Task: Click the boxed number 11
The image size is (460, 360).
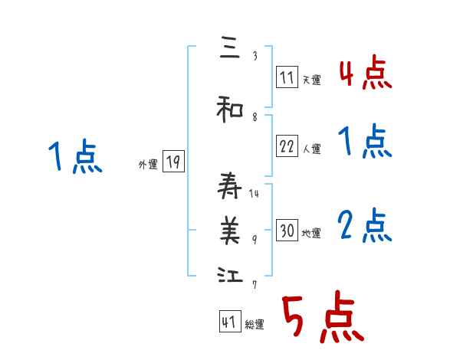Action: [287, 77]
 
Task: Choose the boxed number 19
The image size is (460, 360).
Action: [173, 162]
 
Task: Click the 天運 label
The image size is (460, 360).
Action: [311, 80]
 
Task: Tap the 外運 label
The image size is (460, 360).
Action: [148, 164]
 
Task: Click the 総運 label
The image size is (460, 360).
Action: [255, 325]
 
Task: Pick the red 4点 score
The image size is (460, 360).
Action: [365, 73]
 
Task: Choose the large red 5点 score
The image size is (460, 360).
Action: [322, 319]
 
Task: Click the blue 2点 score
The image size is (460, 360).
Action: [365, 225]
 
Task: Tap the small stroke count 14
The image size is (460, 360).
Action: [255, 193]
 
